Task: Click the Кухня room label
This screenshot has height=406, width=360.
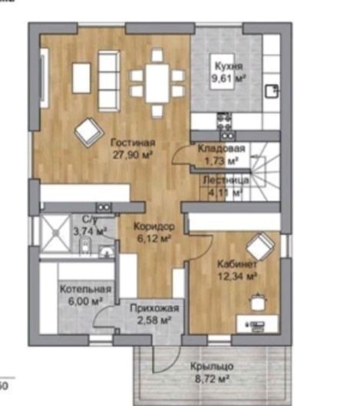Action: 229,66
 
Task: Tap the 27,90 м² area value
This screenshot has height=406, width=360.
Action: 132,155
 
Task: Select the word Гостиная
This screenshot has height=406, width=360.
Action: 133,143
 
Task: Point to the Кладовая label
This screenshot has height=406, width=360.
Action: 221,149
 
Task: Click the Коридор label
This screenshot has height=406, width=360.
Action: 154,226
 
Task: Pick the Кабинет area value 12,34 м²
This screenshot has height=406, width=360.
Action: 237,276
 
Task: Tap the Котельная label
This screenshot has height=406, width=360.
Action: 85,289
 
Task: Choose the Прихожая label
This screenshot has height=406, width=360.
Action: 154,308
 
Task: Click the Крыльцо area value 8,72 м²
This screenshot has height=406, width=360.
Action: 212,379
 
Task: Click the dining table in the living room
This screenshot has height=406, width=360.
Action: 157,84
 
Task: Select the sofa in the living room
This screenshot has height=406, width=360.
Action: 109,81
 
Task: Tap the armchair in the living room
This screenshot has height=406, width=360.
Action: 89,133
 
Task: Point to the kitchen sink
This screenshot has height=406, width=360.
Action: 272,91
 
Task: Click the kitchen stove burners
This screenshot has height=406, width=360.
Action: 224,121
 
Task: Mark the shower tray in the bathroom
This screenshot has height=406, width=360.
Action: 55,233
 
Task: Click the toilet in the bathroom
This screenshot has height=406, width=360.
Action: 85,246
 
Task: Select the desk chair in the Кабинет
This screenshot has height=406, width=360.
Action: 257,302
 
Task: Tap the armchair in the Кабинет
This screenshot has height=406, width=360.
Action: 260,247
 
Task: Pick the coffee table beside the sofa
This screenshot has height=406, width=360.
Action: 81,78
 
